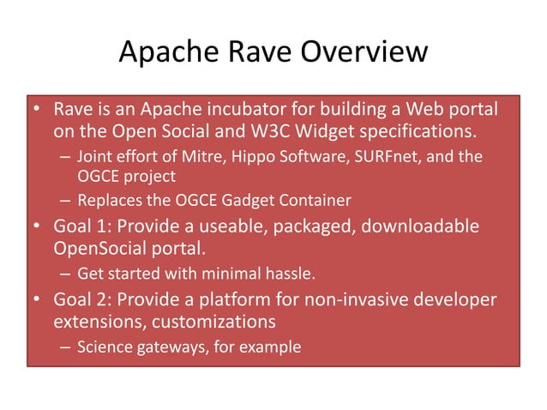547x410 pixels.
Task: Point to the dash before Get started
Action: (x=65, y=275)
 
